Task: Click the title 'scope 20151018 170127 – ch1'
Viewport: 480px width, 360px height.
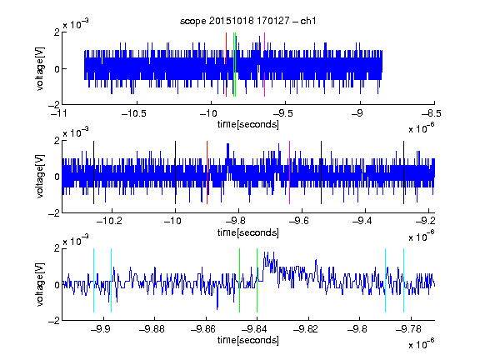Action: click(247, 21)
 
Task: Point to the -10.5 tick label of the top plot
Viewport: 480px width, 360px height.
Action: click(134, 114)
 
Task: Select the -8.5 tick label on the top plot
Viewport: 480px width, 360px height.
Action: click(432, 114)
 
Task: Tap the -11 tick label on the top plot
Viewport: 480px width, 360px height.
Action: click(60, 114)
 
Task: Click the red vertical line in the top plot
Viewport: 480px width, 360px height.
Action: click(226, 65)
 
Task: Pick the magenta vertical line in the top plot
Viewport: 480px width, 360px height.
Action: click(264, 65)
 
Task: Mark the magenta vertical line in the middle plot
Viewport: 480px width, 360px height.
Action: click(290, 172)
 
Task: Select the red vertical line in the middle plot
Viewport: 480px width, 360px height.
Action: click(207, 172)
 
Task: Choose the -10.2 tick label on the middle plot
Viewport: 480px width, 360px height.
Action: click(109, 221)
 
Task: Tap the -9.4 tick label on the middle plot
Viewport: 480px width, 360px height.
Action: click(362, 221)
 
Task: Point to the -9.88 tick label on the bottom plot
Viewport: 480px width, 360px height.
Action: click(152, 329)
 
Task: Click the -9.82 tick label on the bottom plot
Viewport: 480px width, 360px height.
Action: click(306, 329)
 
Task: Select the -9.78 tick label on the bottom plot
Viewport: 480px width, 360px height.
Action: click(408, 329)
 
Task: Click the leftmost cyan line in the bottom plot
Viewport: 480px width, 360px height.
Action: click(93, 280)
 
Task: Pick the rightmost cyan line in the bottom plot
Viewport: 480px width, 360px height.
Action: click(404, 280)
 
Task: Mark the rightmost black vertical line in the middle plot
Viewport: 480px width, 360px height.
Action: click(404, 172)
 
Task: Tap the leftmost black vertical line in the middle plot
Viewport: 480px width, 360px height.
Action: click(93, 172)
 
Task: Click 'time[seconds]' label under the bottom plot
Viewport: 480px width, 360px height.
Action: click(248, 340)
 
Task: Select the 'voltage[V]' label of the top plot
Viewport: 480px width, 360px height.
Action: click(40, 68)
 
